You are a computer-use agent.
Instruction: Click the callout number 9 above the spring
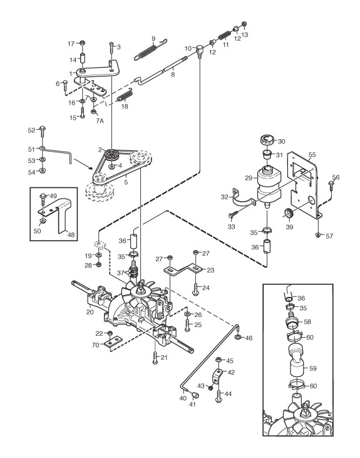[x=153, y=39]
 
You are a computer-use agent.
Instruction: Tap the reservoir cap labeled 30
[x=267, y=140]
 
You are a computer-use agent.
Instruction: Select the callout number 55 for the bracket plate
[x=312, y=155]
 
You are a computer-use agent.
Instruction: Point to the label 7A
[x=100, y=120]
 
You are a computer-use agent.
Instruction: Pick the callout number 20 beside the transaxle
[x=90, y=312]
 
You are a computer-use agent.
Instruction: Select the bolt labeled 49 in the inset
[x=43, y=199]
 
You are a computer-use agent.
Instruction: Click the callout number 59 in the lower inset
[x=312, y=368]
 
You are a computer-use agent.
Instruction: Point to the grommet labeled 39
[x=289, y=214]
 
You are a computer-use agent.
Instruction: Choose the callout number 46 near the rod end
[x=249, y=338]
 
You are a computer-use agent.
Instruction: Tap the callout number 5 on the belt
[x=126, y=182]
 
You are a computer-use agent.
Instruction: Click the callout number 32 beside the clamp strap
[x=224, y=197]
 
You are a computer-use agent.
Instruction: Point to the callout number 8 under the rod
[x=173, y=75]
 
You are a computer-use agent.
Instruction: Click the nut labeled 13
[x=245, y=24]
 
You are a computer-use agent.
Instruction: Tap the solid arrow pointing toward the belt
[x=84, y=164]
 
